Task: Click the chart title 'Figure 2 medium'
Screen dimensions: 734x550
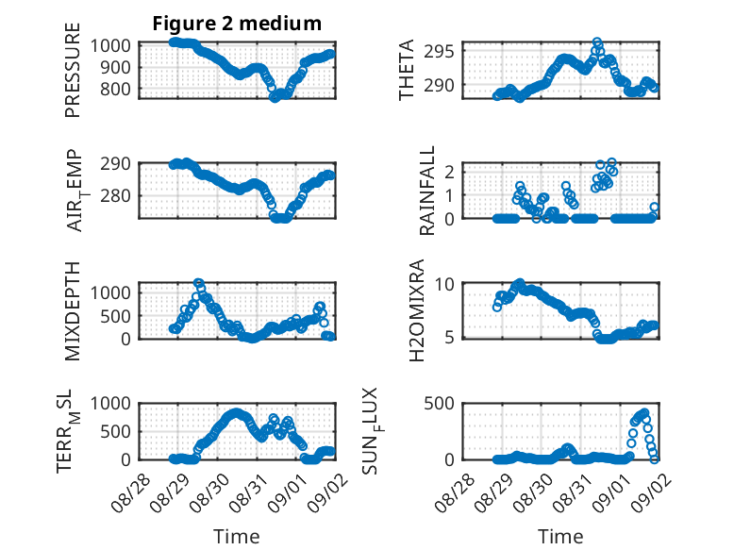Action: (237, 24)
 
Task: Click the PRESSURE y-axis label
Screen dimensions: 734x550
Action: (73, 70)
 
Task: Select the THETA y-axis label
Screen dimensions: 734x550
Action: (407, 70)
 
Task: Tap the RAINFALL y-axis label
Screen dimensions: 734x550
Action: (427, 190)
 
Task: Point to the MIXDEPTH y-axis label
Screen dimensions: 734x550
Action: (73, 311)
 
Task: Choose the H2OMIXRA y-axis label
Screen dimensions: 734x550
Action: (416, 310)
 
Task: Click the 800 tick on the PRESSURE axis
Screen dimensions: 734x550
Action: (115, 89)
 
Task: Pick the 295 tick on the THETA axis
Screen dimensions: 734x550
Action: (439, 51)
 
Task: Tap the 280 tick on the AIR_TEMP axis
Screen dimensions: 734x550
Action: (115, 195)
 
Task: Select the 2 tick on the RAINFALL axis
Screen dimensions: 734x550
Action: (449, 172)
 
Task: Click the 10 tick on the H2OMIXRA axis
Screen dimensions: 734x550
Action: (444, 284)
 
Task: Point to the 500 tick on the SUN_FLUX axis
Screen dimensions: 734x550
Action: (439, 403)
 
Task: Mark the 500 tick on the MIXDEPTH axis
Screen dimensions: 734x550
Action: (115, 316)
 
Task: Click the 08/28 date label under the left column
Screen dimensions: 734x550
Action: (130, 492)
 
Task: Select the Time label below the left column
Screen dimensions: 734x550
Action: (237, 536)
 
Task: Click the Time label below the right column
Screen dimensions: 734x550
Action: (560, 536)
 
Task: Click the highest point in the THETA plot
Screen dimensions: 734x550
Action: (597, 42)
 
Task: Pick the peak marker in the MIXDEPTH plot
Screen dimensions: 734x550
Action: (198, 283)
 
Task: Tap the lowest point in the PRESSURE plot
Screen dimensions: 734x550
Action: (275, 97)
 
